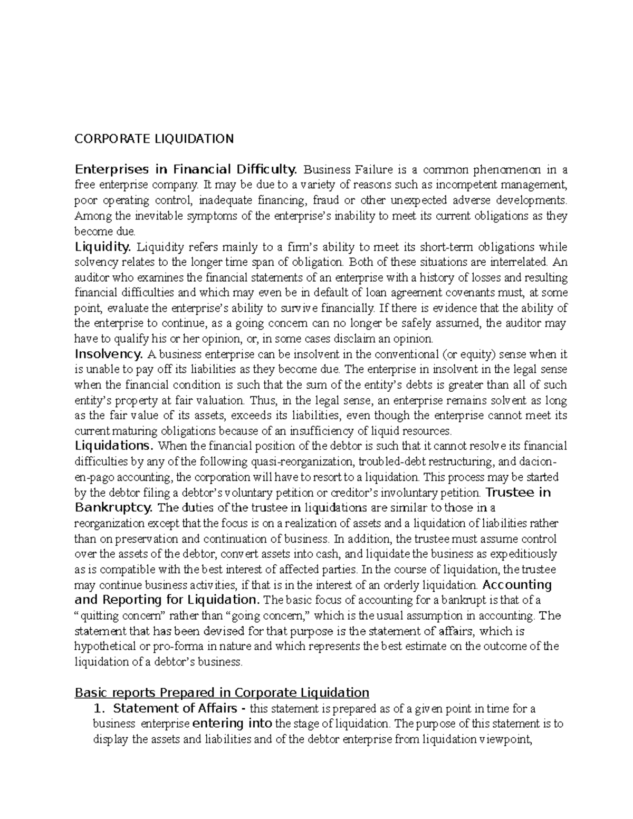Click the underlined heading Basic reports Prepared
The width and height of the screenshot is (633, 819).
[222, 692]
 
